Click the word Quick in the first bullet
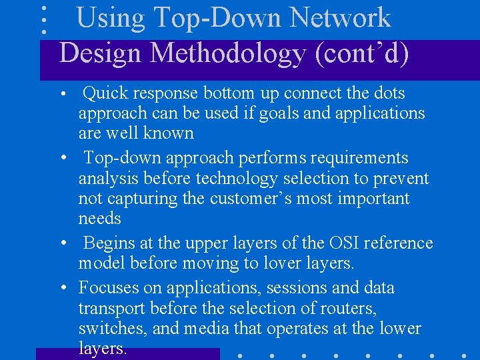(x=107, y=93)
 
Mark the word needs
(x=100, y=219)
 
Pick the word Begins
(x=109, y=243)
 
